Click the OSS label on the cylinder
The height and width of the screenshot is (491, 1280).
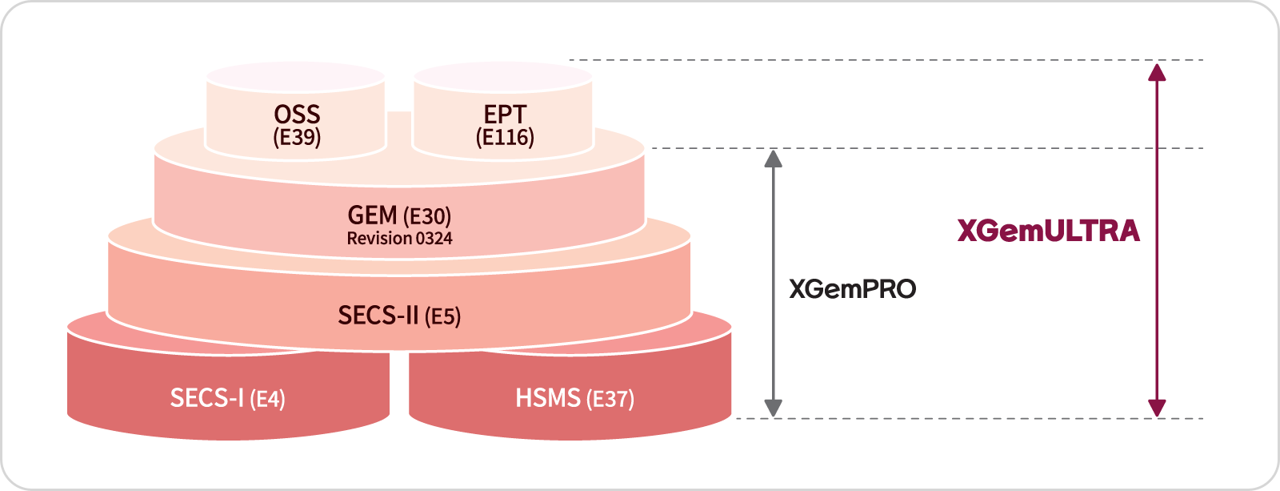tap(297, 115)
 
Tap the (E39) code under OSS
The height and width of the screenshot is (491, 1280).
tap(297, 137)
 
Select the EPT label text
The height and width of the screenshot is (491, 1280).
tap(505, 115)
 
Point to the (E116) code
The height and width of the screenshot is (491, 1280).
tap(505, 137)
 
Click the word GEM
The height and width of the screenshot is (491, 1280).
tap(372, 215)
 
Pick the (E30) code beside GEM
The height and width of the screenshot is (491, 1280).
tap(427, 216)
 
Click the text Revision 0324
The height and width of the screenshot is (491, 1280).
tap(399, 239)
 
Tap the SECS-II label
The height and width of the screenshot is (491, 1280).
tap(378, 315)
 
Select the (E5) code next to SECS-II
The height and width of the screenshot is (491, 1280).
tap(442, 316)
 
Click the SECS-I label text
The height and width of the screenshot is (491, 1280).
tap(206, 397)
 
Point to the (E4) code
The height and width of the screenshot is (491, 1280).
tap(267, 399)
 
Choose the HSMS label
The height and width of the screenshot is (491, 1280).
tap(547, 397)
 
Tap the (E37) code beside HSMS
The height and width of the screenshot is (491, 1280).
tap(610, 399)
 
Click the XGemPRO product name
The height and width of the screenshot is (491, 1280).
tap(852, 289)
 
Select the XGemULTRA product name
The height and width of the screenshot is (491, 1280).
tap(1048, 231)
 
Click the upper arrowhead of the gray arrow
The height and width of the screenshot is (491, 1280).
tap(773, 159)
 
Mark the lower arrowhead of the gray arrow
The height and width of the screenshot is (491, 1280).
tap(773, 408)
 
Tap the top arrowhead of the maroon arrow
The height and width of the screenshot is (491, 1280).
tap(1157, 72)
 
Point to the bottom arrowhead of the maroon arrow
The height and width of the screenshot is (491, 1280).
tap(1157, 408)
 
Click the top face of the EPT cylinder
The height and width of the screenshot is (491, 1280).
tap(502, 77)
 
